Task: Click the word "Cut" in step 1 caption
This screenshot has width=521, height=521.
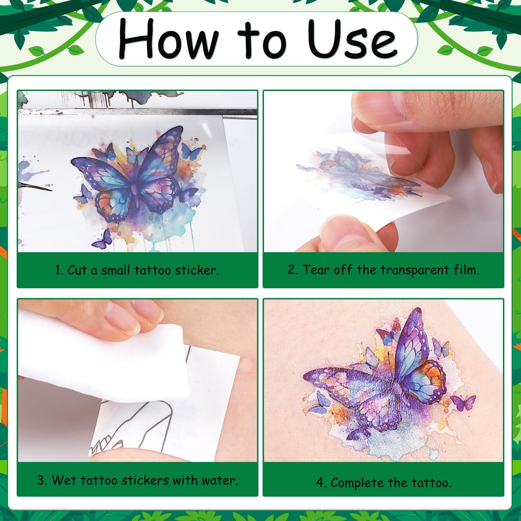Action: [77, 270]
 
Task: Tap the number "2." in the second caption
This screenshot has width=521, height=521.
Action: [293, 270]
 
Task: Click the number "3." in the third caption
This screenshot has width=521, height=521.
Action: [42, 480]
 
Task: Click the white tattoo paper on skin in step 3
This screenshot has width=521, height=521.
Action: [208, 399]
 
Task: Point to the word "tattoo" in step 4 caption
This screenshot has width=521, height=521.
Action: [431, 483]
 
